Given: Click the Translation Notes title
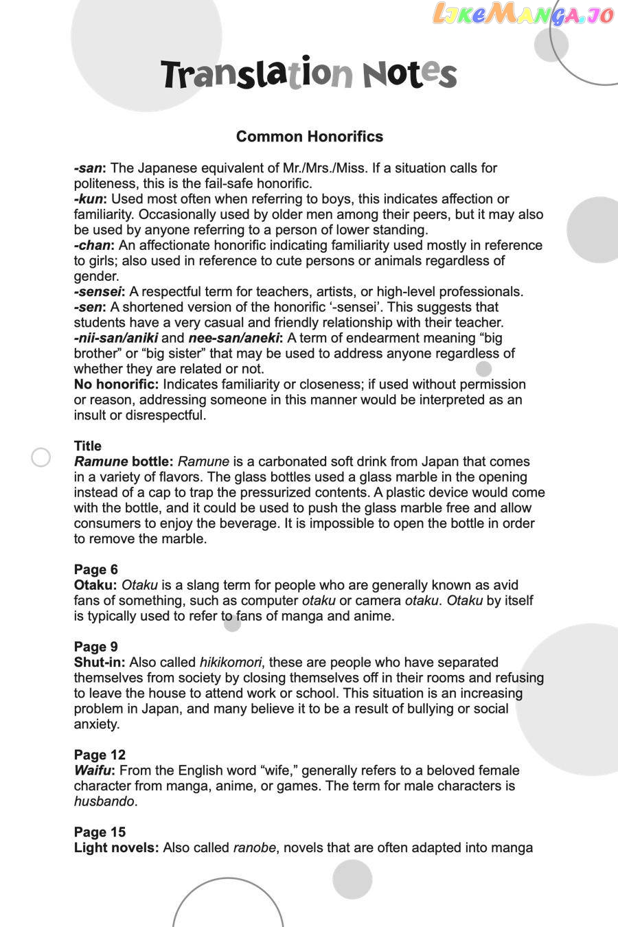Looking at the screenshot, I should (x=309, y=74).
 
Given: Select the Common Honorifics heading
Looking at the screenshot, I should (x=309, y=137).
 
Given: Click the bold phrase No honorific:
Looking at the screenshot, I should (x=116, y=385).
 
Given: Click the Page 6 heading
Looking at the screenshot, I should (x=95, y=570).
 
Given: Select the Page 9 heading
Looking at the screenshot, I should (x=95, y=647).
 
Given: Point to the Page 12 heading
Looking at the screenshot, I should (x=100, y=755).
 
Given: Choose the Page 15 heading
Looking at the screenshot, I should (x=100, y=832).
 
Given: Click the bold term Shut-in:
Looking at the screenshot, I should (x=100, y=663).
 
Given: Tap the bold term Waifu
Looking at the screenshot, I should (x=94, y=770).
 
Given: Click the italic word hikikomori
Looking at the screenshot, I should (x=230, y=663).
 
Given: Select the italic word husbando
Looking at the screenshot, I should (x=104, y=801).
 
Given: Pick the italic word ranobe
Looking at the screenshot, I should (x=254, y=848).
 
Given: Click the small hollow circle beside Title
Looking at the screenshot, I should (x=41, y=457).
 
